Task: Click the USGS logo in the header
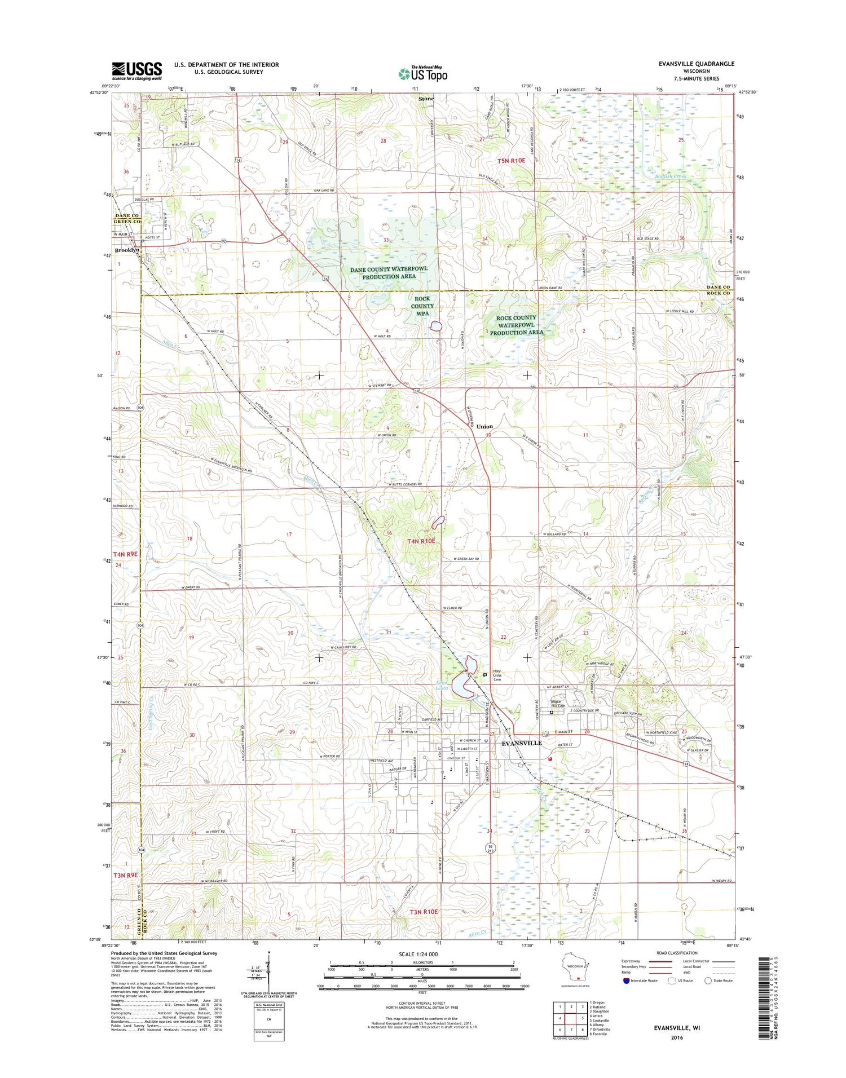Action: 136,70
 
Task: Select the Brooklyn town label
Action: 127,250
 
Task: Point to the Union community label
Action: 484,426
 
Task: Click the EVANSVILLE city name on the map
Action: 522,743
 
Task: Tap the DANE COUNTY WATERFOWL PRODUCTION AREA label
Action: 389,273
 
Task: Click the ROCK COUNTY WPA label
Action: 422,306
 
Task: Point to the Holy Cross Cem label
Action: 497,675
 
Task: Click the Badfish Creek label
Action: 671,176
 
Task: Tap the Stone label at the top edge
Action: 426,99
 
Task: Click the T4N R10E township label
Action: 421,541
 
